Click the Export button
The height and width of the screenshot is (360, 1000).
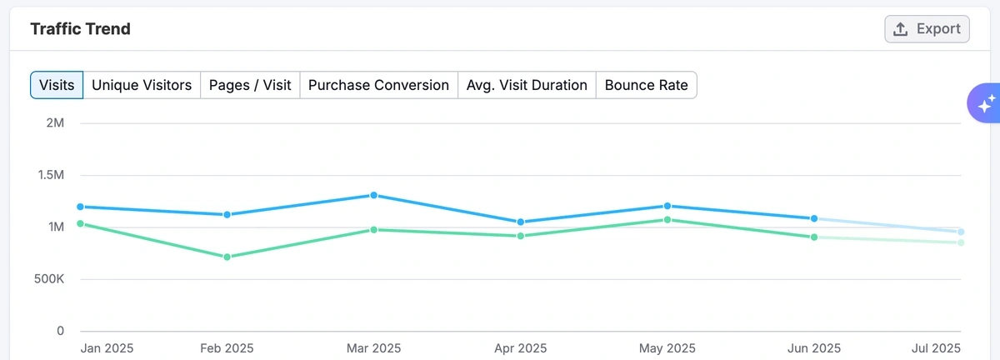927,29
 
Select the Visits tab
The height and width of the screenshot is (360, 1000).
57,85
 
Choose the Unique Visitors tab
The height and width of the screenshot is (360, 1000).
142,85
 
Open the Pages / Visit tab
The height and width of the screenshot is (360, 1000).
250,85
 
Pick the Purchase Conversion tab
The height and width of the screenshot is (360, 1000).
378,85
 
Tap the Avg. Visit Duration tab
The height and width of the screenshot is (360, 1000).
527,85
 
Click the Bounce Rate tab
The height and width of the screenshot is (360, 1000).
646,85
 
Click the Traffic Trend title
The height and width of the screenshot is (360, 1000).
80,29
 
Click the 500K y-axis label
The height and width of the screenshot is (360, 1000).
48,279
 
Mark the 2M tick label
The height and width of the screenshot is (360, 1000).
55,123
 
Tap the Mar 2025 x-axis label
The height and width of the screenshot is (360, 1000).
372,347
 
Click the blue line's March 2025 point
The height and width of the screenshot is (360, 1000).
374,195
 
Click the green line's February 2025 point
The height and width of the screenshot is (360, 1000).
227,257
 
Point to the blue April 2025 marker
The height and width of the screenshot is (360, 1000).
521,222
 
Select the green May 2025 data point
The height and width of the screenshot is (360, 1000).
667,220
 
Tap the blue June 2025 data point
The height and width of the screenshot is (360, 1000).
814,218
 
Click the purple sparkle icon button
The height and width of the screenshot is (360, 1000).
985,104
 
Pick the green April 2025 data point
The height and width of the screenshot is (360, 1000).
521,236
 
